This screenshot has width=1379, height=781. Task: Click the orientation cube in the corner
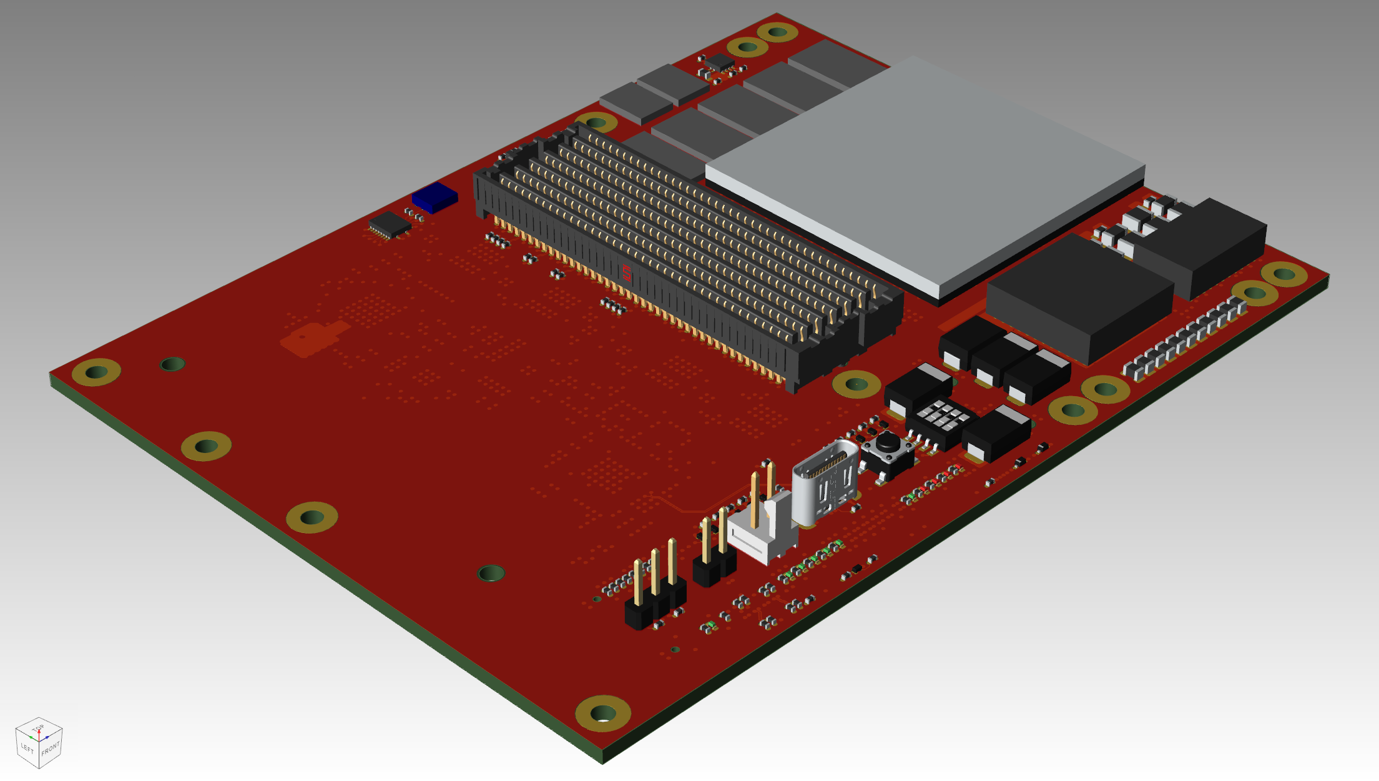39,742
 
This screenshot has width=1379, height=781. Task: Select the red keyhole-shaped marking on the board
312,337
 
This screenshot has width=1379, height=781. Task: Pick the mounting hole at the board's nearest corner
602,713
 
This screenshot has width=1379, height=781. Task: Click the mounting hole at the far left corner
96,372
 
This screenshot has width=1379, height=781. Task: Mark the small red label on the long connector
626,272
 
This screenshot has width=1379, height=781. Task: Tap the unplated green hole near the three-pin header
491,572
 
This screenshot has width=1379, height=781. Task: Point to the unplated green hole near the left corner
172,364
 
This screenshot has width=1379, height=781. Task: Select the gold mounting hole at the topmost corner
777,31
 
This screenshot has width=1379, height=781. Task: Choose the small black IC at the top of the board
720,62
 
